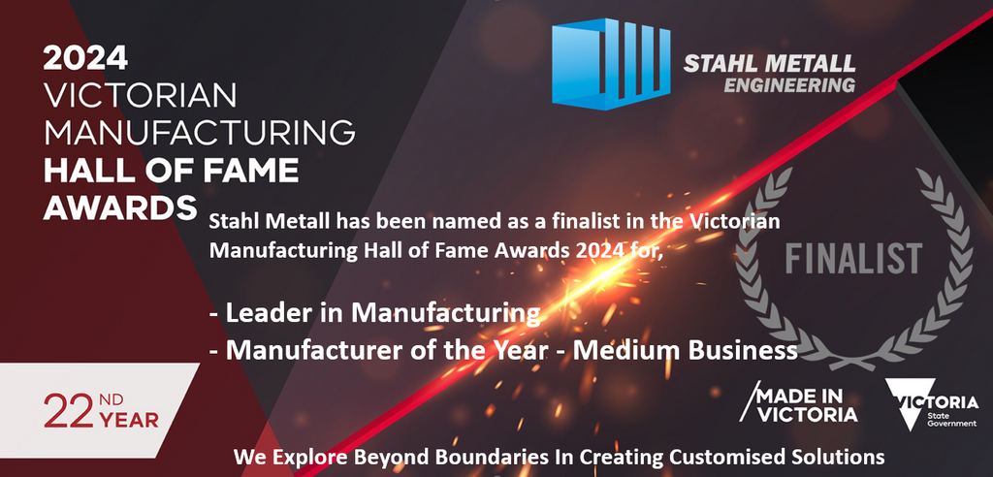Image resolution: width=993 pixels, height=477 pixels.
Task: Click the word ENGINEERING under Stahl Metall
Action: coord(790,85)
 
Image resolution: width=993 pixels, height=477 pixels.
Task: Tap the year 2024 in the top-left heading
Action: coord(85,59)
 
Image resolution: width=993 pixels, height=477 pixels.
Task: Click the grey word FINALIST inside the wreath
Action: coord(853,260)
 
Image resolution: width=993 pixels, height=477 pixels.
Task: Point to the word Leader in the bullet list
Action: coord(260,314)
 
